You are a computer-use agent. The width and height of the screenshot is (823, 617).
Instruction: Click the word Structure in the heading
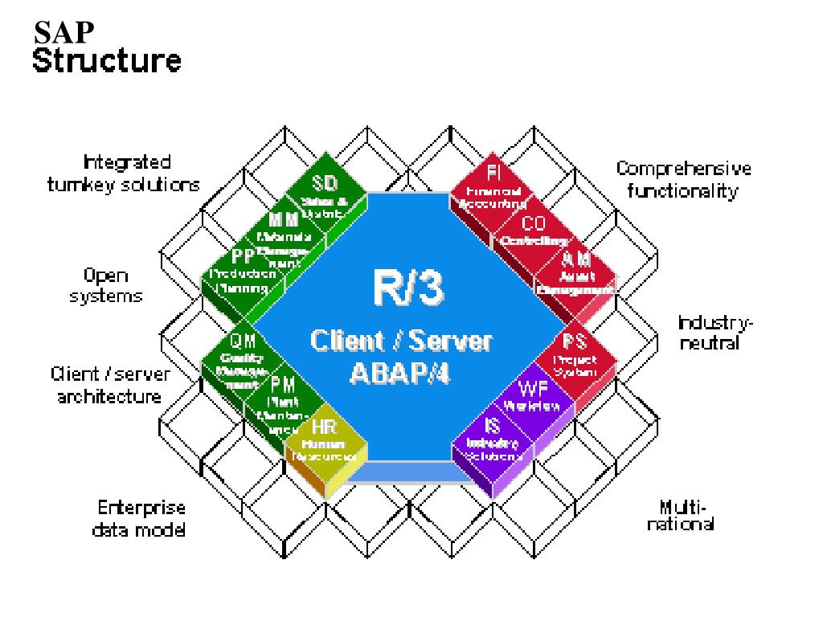click(x=106, y=60)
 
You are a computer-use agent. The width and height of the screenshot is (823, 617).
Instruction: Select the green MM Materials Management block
click(x=285, y=231)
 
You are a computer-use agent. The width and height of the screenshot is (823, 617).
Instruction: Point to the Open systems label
click(x=108, y=284)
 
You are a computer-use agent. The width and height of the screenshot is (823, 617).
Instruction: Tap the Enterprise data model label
click(x=141, y=518)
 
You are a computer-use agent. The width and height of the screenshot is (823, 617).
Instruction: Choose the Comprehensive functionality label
click(x=684, y=181)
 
